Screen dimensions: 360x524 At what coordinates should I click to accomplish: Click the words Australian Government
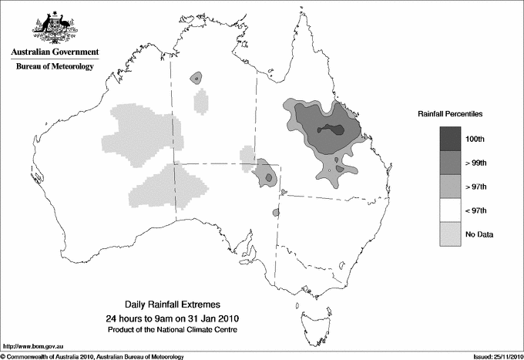tap(55, 52)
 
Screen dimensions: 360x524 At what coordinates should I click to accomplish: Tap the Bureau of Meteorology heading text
tap(55, 67)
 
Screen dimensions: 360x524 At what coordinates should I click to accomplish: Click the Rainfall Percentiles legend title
tap(450, 114)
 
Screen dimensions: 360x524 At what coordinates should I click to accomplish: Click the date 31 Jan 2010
tap(210, 318)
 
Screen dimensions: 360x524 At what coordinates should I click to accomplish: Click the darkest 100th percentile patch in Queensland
tap(334, 128)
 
